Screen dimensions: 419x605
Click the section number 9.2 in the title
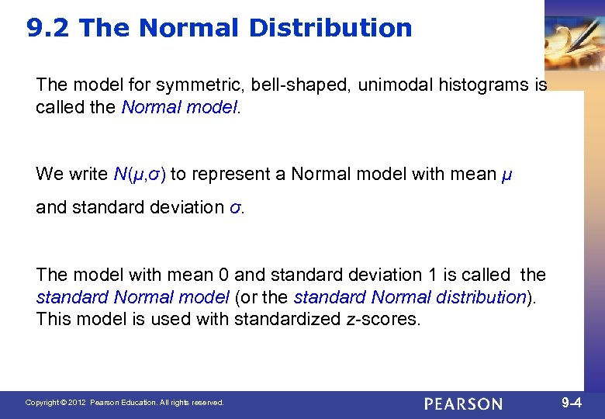pos(48,29)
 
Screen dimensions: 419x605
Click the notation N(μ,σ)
pos(140,174)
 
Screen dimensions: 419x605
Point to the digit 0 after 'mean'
pos(223,275)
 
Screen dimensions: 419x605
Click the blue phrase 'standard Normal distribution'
pos(410,297)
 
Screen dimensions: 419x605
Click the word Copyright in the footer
pos(43,403)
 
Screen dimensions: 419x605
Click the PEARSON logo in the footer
pos(463,403)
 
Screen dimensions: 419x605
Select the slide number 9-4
pos(571,403)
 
